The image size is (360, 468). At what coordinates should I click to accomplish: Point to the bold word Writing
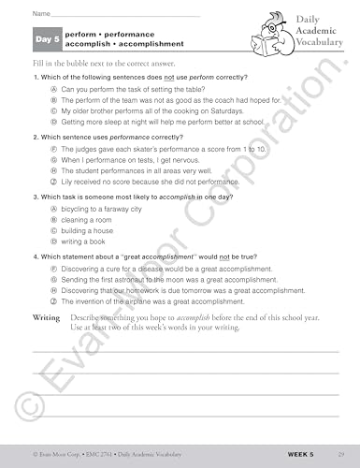pyautogui.click(x=47, y=318)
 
